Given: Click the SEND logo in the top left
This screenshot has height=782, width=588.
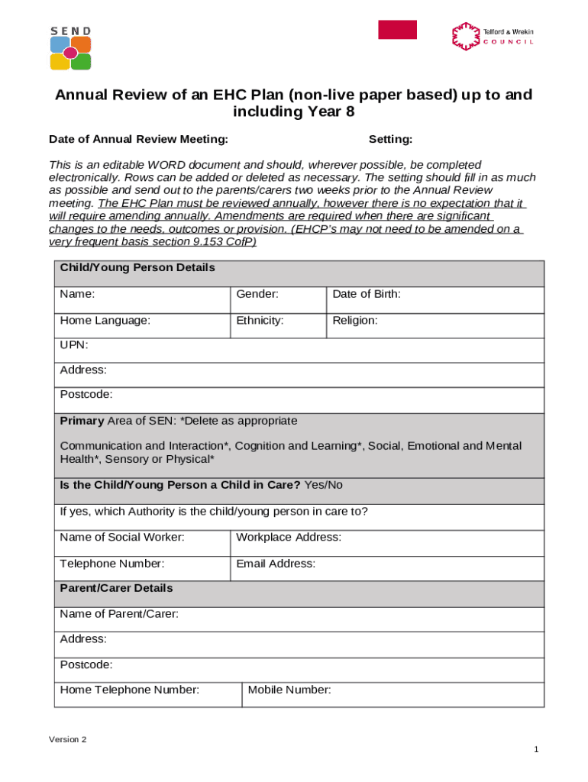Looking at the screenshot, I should pos(70,48).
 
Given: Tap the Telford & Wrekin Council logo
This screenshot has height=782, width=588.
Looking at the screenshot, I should pos(493,36).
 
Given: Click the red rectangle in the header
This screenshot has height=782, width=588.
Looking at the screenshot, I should pos(397,30).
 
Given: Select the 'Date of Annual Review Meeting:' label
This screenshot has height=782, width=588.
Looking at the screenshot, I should pos(138,139).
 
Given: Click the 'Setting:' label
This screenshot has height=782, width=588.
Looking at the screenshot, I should pos(390,139).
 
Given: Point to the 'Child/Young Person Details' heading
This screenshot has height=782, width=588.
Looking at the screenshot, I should pos(137,268).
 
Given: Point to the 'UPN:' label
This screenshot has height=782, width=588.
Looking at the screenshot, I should pos(74,345).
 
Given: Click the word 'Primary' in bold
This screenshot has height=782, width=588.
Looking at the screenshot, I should pos(82,421).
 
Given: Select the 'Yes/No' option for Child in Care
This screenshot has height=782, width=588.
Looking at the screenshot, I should pos(324,485).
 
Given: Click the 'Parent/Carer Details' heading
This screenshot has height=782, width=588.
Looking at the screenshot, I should pos(116,588).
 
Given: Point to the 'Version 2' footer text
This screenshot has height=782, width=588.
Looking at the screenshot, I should pos(68,740).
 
